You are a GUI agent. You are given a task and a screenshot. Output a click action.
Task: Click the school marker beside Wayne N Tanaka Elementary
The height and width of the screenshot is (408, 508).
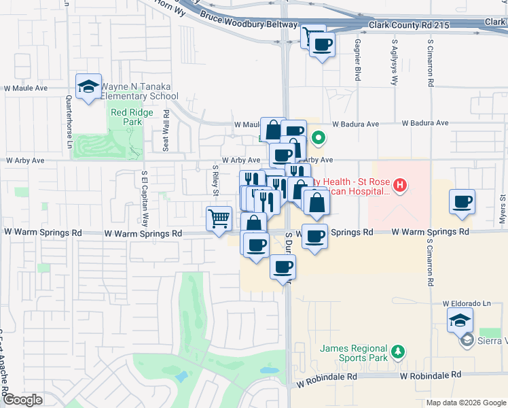(x=88, y=86)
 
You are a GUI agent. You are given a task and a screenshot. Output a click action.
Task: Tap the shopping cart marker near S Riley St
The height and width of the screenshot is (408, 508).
(x=219, y=219)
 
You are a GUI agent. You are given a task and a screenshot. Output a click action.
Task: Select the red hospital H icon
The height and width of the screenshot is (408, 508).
(x=400, y=184)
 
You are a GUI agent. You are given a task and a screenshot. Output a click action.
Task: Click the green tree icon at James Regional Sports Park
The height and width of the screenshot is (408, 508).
(x=398, y=352)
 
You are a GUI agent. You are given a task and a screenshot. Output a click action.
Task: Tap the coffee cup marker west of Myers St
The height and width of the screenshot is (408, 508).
(x=462, y=202)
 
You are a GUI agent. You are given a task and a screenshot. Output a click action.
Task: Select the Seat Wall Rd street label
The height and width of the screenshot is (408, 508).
(x=165, y=131)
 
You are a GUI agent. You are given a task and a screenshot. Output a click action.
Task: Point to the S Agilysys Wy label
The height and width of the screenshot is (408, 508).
(x=394, y=61)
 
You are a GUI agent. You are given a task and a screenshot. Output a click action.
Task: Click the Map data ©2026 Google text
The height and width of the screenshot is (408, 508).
(x=466, y=403)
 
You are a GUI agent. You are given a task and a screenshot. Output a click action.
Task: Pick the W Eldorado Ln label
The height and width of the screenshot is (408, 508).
(x=467, y=303)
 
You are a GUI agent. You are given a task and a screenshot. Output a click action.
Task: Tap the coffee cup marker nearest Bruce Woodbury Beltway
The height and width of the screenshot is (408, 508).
(x=322, y=45)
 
